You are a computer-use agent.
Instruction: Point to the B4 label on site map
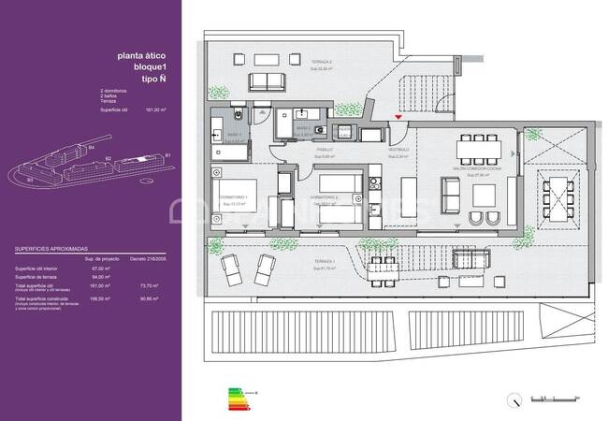coord(91,148)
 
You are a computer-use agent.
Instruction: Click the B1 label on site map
coord(167,154)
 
